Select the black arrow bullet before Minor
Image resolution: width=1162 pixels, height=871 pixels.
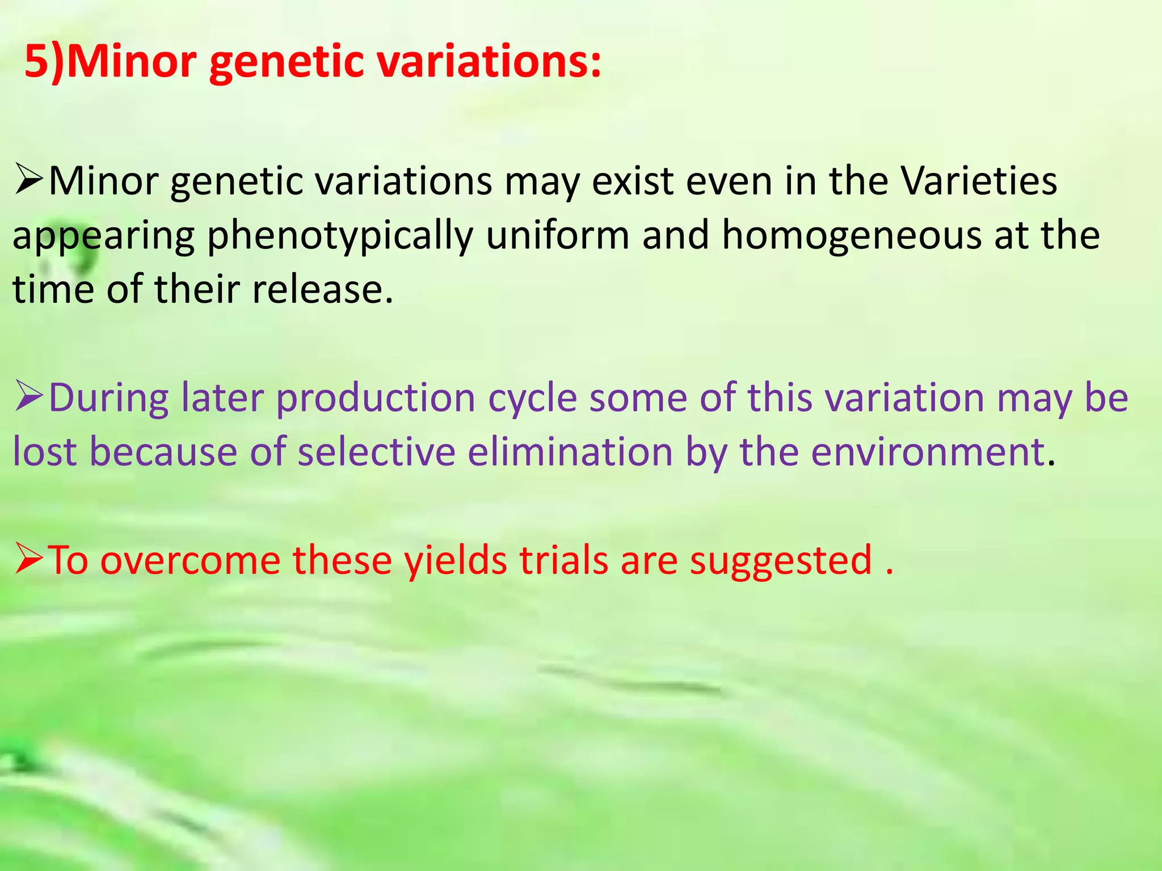tap(29, 182)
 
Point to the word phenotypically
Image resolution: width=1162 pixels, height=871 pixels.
tap(340, 236)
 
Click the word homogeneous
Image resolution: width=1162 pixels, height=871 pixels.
tap(851, 236)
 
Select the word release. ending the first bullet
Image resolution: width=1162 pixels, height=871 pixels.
tap(322, 289)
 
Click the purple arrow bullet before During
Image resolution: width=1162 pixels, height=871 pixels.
tap(29, 396)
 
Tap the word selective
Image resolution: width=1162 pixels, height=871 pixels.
tap(376, 452)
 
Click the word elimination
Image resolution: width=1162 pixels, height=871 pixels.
tap(570, 452)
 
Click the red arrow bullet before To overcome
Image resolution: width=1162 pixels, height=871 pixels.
tap(29, 559)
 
